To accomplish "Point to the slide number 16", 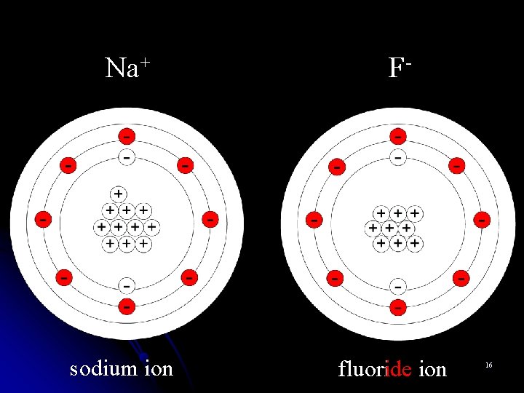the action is tap(488, 363).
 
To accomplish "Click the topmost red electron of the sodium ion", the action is tap(127, 136).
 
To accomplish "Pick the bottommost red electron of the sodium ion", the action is tap(127, 306).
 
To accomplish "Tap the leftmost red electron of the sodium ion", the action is tap(43, 218).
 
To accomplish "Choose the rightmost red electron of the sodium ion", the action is tap(210, 218).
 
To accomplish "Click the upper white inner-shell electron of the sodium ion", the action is tap(127, 156).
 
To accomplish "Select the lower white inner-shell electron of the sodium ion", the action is tap(127, 285).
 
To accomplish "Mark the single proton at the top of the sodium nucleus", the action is tap(118, 194).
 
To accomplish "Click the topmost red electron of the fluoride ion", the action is tap(397, 136).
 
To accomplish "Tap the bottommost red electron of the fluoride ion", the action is tap(397, 307).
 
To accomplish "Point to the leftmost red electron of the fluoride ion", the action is tap(314, 218).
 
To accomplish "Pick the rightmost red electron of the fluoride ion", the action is tap(482, 218).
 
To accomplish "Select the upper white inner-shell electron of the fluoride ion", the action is tap(397, 156).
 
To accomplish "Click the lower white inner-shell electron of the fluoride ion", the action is tap(397, 286).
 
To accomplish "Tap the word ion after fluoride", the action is tap(432, 369).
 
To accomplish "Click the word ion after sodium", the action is tap(158, 368).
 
